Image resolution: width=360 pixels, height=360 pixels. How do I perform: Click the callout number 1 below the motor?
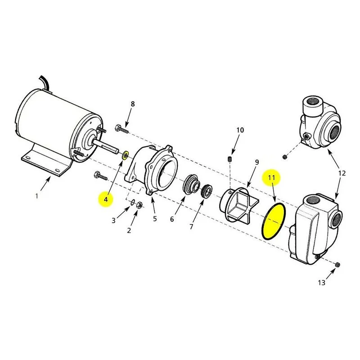(x=36, y=196)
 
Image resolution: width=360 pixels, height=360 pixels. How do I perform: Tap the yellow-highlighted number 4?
(x=106, y=199)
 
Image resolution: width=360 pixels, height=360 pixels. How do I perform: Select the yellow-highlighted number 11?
(x=272, y=177)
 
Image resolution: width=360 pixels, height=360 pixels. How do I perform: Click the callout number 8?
(x=133, y=104)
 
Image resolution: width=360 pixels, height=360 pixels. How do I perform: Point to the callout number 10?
(x=240, y=130)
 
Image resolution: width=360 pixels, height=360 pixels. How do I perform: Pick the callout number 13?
(x=322, y=283)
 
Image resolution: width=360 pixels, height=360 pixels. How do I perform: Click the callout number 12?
(x=342, y=173)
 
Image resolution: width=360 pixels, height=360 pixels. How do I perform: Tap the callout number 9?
(x=257, y=162)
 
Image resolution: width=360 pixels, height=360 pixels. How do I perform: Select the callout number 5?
(x=155, y=219)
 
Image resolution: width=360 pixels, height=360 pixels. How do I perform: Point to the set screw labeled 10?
(x=229, y=159)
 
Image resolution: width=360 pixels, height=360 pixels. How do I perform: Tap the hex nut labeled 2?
(x=139, y=205)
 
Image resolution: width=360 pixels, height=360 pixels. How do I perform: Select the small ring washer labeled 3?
(x=132, y=203)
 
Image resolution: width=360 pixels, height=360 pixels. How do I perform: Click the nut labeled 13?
(x=337, y=265)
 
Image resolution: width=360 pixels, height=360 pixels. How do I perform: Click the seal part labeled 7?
(x=207, y=190)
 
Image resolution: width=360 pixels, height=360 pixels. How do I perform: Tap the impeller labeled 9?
(x=239, y=205)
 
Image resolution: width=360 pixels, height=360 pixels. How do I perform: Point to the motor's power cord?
(x=46, y=83)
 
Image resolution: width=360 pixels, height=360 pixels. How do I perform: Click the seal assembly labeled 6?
(x=191, y=185)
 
